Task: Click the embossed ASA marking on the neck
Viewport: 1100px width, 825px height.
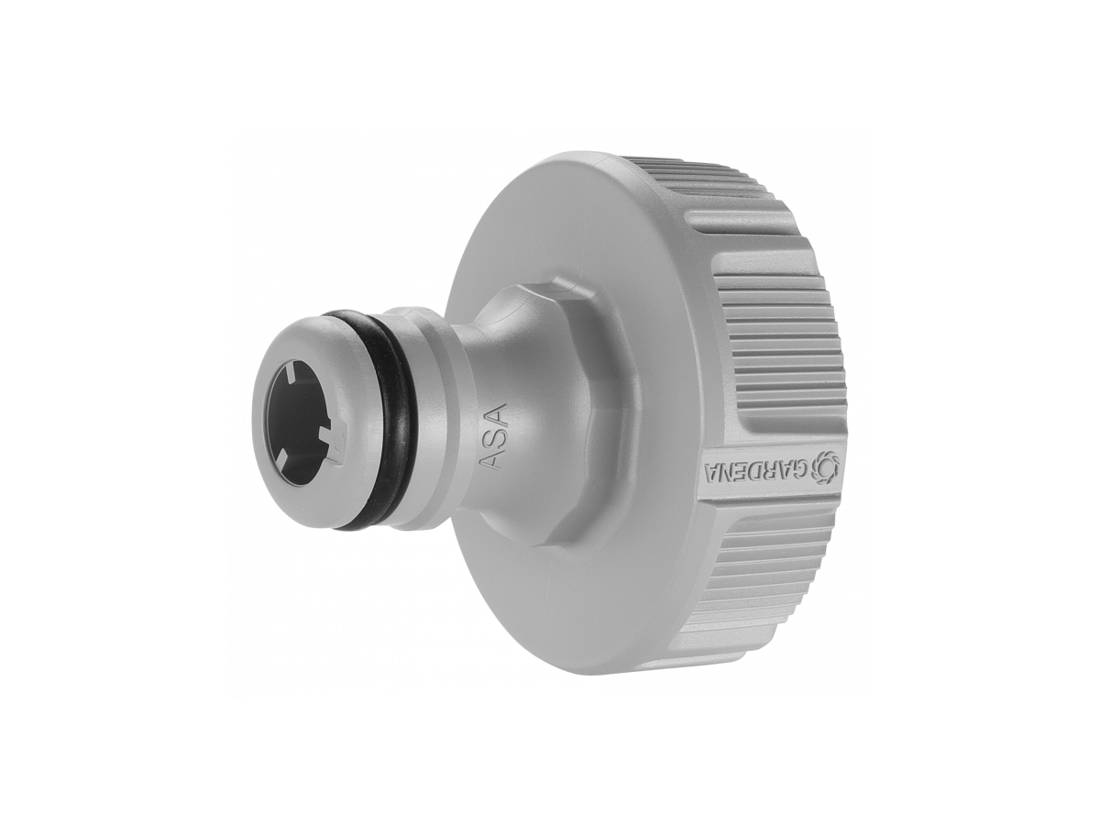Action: [x=494, y=438]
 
